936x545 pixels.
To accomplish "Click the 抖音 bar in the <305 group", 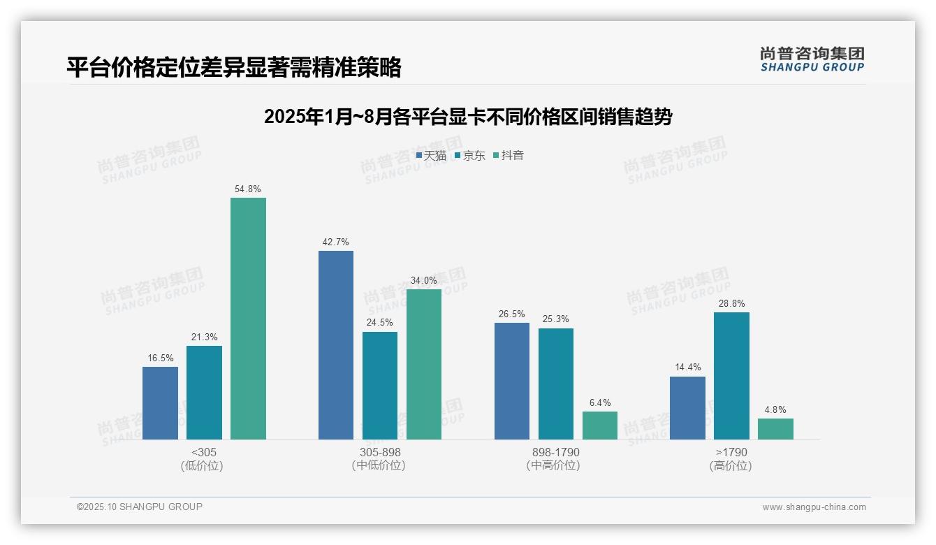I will (x=248, y=319).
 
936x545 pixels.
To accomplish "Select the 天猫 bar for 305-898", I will (x=336, y=345).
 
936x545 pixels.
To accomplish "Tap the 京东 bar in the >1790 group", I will (x=731, y=376).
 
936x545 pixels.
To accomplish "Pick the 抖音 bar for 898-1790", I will (x=600, y=426).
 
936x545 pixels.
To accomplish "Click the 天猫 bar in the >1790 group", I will (x=687, y=408).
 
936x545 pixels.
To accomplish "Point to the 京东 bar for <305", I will (x=204, y=393).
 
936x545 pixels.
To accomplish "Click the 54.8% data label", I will (x=248, y=189).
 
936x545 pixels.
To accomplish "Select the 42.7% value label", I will (x=336, y=242).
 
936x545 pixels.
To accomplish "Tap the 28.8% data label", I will (x=731, y=303).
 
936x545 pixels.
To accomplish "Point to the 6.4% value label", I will (x=600, y=402).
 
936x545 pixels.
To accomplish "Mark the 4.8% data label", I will (x=775, y=409).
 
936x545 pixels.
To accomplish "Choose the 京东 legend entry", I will (x=470, y=155).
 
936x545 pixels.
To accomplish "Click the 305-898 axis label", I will (x=380, y=452).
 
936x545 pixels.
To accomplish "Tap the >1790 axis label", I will (x=731, y=452).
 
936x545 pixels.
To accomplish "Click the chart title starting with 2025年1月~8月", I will (x=467, y=117).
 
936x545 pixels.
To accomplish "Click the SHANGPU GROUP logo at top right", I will (x=812, y=59).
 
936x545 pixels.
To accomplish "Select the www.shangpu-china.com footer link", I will (x=814, y=507).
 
